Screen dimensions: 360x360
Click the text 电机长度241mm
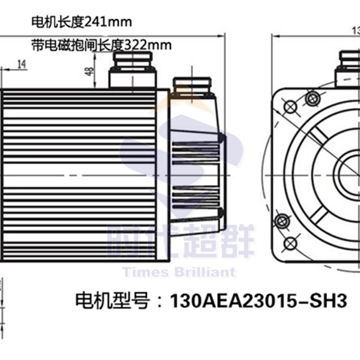[81, 21]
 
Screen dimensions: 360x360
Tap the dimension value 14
[21, 64]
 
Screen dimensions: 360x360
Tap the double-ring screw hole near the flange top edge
[310, 98]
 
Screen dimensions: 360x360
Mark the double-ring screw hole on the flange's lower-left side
[282, 220]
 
